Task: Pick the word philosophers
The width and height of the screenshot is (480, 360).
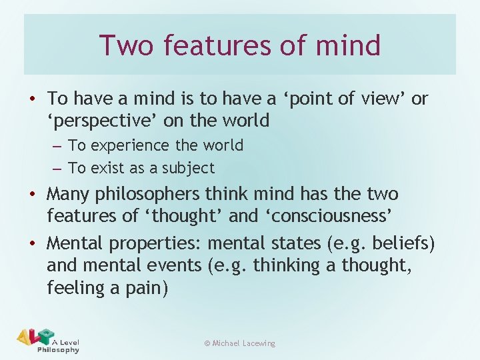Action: point(137,195)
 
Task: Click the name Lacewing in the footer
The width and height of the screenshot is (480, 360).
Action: point(259,343)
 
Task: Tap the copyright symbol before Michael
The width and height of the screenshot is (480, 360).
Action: point(207,343)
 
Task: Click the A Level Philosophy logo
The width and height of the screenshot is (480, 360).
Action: point(47,340)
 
